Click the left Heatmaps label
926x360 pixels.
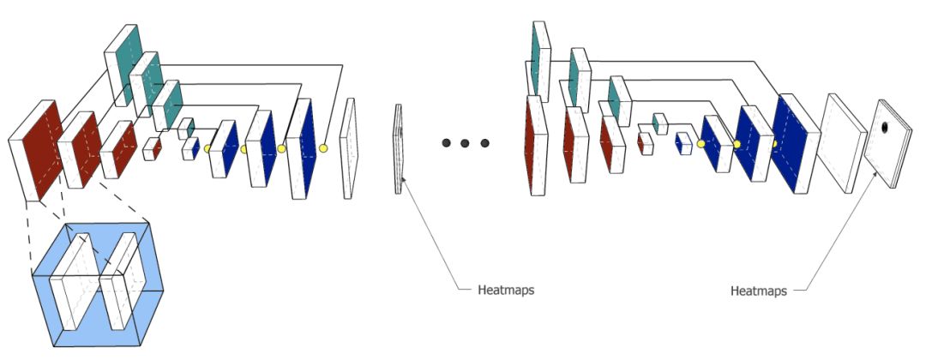(x=506, y=290)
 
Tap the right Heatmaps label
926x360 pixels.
(x=759, y=291)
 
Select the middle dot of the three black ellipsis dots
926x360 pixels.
(x=466, y=142)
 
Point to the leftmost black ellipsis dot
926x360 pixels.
(x=447, y=142)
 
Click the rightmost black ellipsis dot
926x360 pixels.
(x=484, y=142)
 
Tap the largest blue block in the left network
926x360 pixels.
(x=307, y=147)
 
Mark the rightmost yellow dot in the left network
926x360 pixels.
(x=323, y=148)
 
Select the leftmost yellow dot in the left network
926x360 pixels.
(x=207, y=149)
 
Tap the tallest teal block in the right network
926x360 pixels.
(x=539, y=58)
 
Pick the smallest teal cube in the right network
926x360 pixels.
(x=660, y=123)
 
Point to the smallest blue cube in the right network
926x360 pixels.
(x=683, y=142)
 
